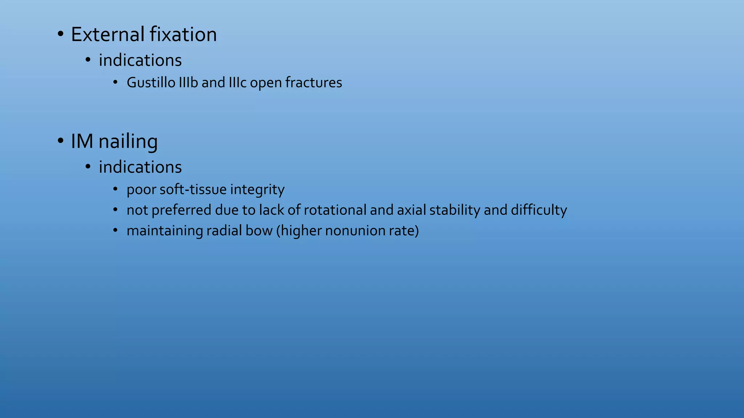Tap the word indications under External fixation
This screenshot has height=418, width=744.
pos(140,60)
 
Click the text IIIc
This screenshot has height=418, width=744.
pos(238,83)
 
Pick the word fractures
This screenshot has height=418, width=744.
pos(314,83)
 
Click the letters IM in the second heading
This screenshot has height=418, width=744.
pos(82,141)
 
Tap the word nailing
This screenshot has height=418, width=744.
pos(128,142)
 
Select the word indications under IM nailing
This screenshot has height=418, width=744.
pos(140,167)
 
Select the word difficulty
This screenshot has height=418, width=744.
pos(539,210)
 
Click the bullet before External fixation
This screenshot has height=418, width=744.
pos(60,35)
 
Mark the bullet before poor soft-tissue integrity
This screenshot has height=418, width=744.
pos(116,189)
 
